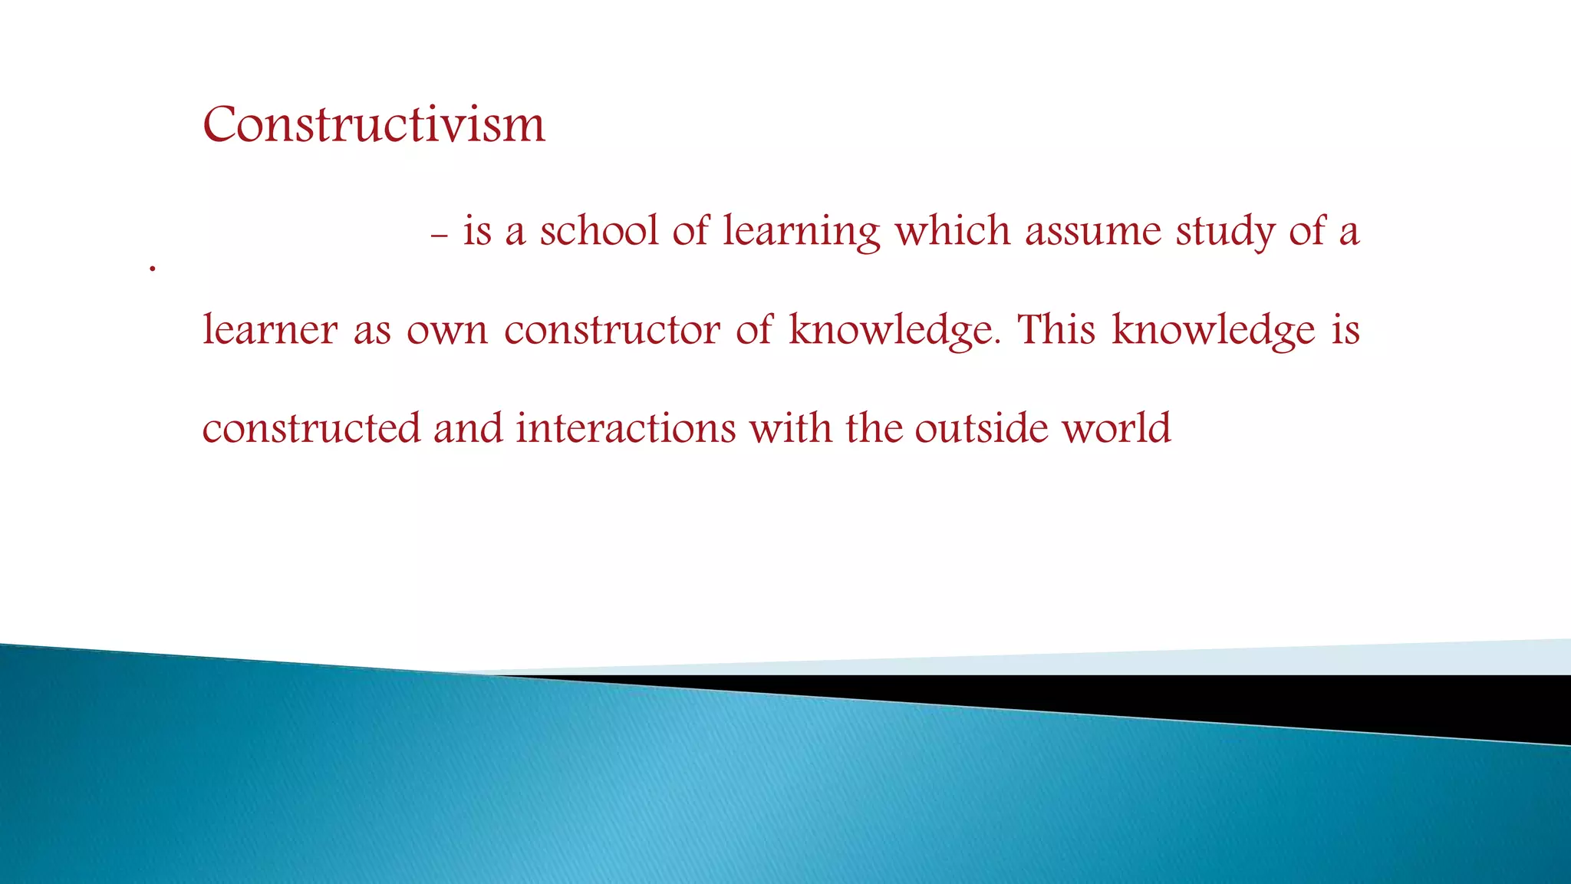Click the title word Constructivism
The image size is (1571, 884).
374,124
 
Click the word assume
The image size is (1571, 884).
1093,233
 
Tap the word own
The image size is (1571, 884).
446,331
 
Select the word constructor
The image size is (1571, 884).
611,331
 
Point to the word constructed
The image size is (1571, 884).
311,428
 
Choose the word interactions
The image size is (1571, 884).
625,428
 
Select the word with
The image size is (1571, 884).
790,428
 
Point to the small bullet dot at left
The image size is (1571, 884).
153,269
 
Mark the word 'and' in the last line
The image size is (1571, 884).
468,428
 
